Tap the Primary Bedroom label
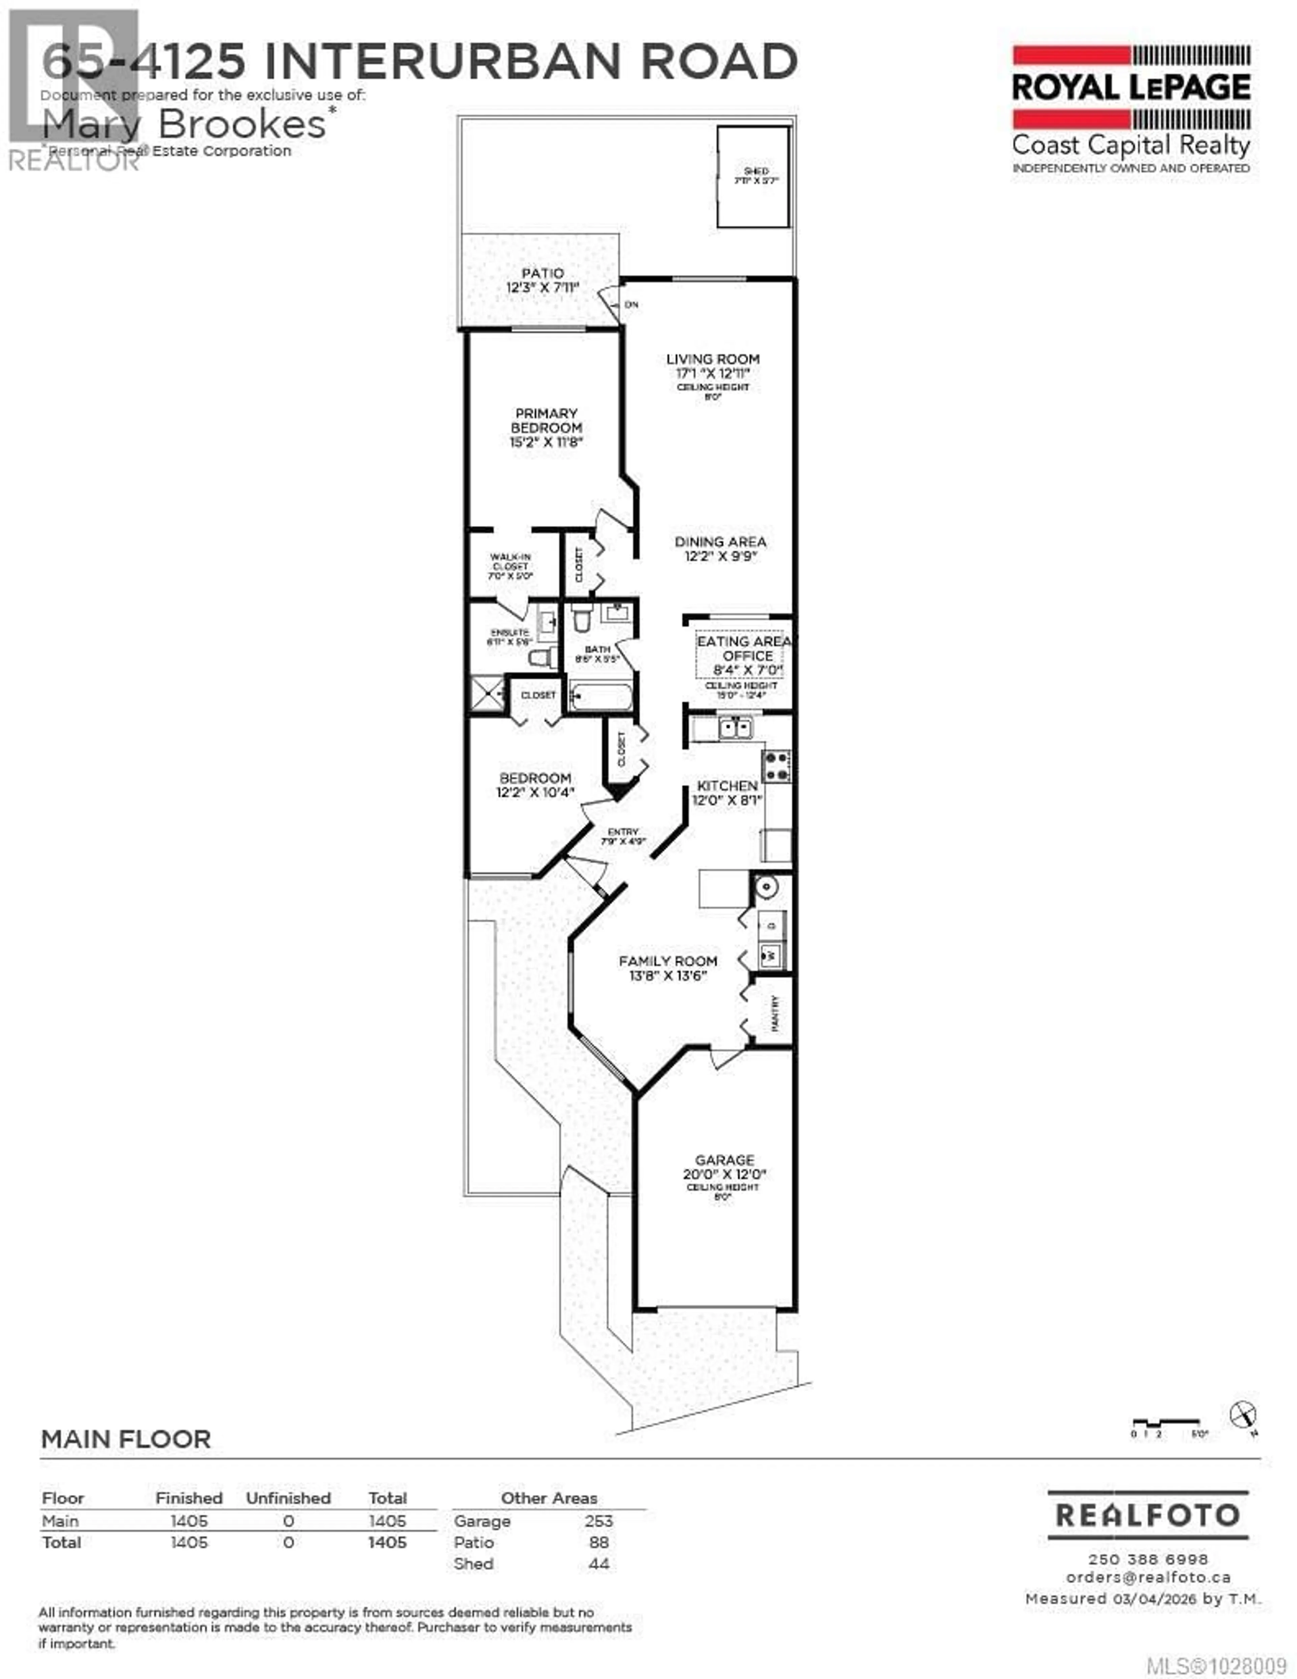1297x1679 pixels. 546,421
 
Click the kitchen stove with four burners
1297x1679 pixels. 776,766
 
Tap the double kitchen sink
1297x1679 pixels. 735,727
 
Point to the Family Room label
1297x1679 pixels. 667,961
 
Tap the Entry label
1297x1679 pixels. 623,832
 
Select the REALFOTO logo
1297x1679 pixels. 1147,1515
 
